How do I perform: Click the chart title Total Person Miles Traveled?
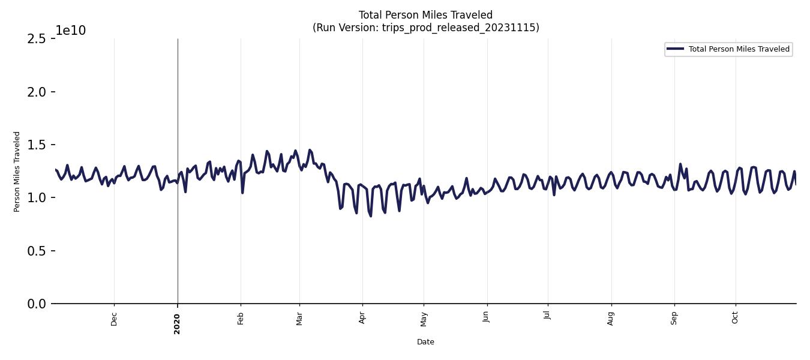(425, 15)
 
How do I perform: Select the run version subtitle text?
(425, 28)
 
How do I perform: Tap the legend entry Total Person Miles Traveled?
(739, 49)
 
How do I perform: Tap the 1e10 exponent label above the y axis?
(71, 31)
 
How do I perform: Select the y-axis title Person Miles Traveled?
(17, 172)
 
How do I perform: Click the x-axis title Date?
(425, 342)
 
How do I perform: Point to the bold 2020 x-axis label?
(177, 323)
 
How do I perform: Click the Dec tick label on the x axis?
(114, 319)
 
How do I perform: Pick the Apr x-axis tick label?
(362, 318)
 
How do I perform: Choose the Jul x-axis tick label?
(547, 317)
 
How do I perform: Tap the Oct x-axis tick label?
(735, 317)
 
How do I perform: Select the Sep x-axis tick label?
(674, 318)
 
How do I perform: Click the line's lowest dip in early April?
(370, 216)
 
